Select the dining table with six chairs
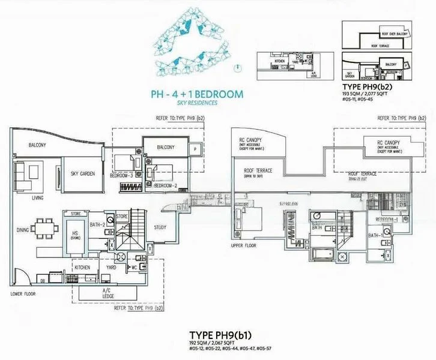point(49,228)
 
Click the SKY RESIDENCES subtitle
point(196,103)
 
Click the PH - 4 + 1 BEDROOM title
point(196,94)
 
